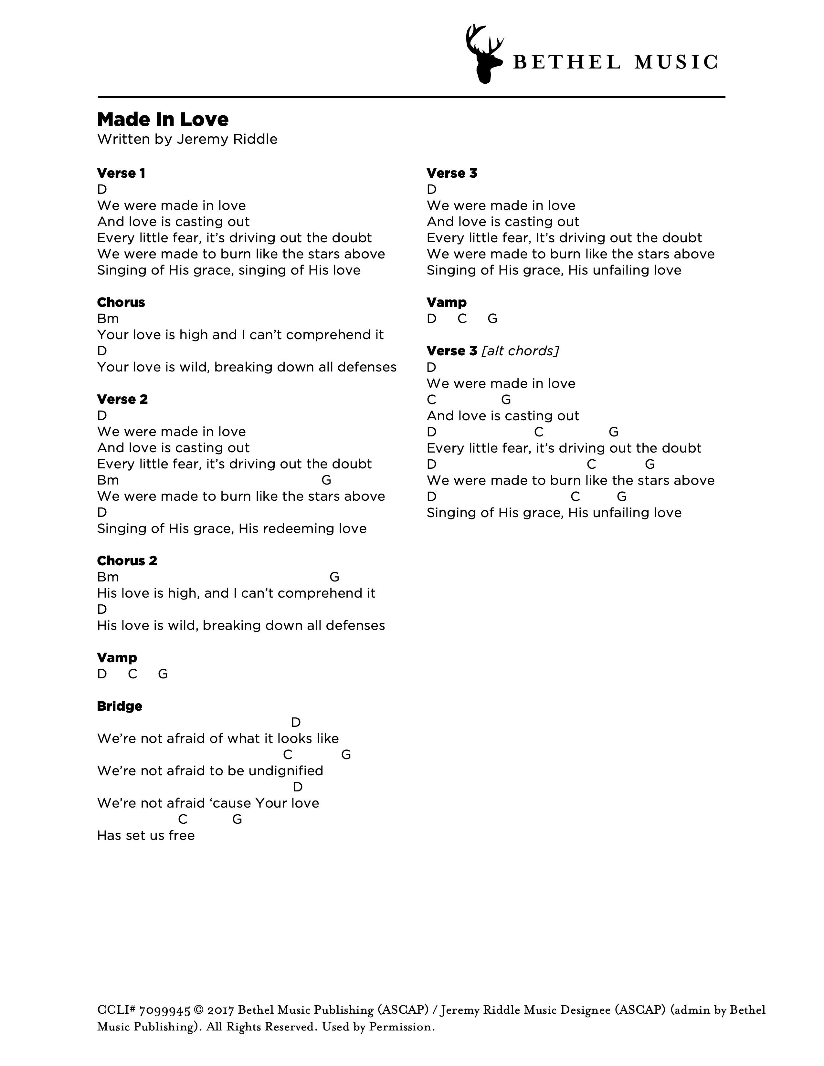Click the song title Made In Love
pyautogui.click(x=163, y=120)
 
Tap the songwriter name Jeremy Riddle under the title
pyautogui.click(x=227, y=140)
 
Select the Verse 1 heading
pyautogui.click(x=121, y=173)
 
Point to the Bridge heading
pyautogui.click(x=120, y=706)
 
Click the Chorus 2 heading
pyautogui.click(x=127, y=561)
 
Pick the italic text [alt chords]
pyautogui.click(x=520, y=351)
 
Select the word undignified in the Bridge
pyautogui.click(x=286, y=771)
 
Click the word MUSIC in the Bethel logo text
pyautogui.click(x=676, y=62)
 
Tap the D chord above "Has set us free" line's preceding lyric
pyautogui.click(x=298, y=787)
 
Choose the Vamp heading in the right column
pyautogui.click(x=446, y=303)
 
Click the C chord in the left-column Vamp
pyautogui.click(x=132, y=674)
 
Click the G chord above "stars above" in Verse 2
pyautogui.click(x=326, y=480)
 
